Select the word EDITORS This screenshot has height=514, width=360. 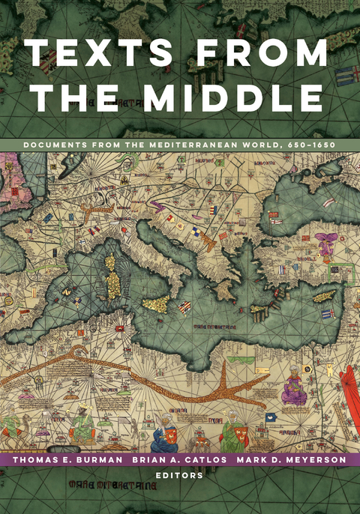[180, 475]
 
